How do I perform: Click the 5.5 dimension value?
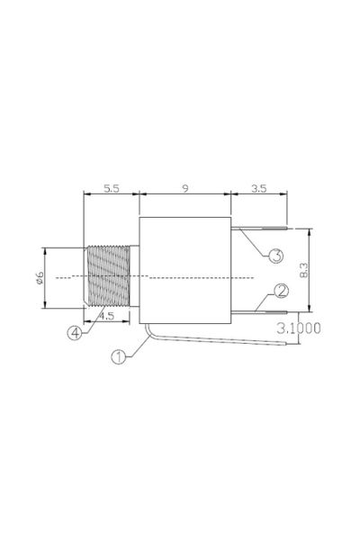(112, 189)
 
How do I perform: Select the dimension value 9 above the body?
(185, 189)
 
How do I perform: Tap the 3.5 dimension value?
(258, 189)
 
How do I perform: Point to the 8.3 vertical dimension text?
(304, 270)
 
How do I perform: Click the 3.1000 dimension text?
(299, 328)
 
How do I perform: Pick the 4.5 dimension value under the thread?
(107, 316)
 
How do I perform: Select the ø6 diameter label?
(40, 277)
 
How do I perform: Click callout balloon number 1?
(119, 357)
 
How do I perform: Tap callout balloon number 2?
(282, 292)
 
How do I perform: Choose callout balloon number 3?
(276, 256)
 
